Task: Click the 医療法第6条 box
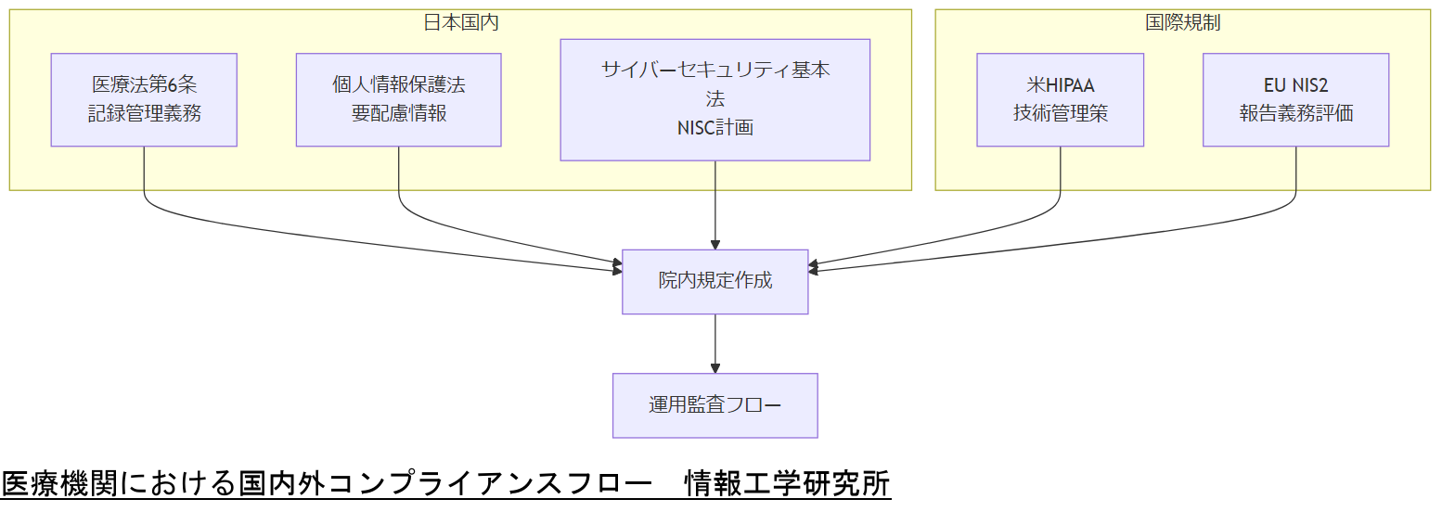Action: [144, 99]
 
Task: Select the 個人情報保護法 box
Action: [398, 99]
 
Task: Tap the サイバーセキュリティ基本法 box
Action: [715, 99]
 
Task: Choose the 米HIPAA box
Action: [1060, 99]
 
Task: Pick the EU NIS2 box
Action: [1295, 99]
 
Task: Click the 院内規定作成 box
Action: [715, 281]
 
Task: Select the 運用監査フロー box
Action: [715, 405]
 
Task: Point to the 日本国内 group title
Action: [460, 23]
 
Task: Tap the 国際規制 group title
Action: [1182, 23]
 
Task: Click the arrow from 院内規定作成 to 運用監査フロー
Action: [715, 343]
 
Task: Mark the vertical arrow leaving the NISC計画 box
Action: [715, 204]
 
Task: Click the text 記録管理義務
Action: [144, 114]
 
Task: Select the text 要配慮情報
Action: [398, 114]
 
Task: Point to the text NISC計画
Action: [715, 129]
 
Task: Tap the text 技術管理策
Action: [1060, 114]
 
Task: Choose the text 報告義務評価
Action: [1295, 114]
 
